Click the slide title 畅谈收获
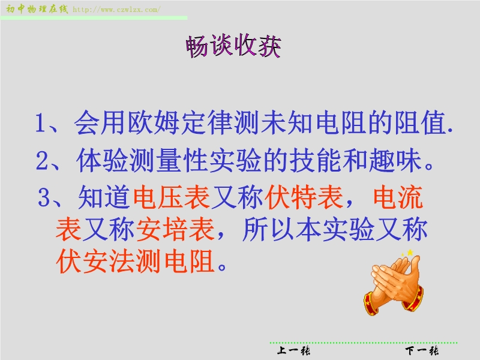click(x=233, y=46)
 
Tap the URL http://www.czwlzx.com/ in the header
click(x=116, y=10)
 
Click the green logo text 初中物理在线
click(x=37, y=9)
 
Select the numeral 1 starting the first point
click(x=41, y=123)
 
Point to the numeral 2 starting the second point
click(x=42, y=160)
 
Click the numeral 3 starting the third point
click(x=43, y=197)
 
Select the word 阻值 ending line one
click(x=419, y=123)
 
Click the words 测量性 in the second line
click(x=169, y=160)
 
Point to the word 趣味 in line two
click(x=395, y=160)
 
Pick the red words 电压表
click(x=172, y=197)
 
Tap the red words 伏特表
click(x=304, y=197)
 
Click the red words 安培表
click(x=175, y=230)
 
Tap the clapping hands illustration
click(x=394, y=284)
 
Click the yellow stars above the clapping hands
click(x=408, y=253)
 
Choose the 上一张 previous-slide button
click(x=293, y=350)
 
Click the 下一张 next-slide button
click(x=422, y=350)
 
